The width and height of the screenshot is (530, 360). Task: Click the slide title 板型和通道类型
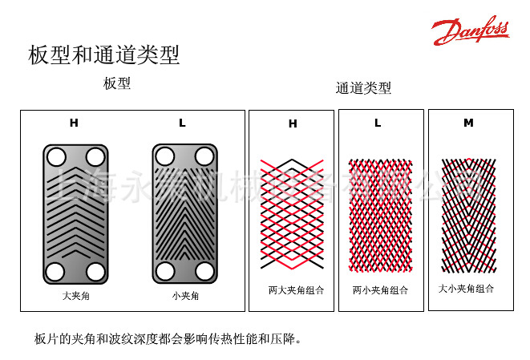(x=103, y=55)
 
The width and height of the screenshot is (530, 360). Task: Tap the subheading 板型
(x=117, y=83)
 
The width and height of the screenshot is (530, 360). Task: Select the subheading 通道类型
(x=363, y=88)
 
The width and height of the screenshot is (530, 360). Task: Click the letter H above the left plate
(x=74, y=123)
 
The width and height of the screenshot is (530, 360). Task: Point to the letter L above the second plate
(x=182, y=123)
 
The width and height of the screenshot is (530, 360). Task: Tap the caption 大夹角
(x=75, y=296)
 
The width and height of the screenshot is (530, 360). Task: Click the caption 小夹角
(x=184, y=296)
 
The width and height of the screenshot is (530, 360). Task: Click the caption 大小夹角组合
(x=466, y=288)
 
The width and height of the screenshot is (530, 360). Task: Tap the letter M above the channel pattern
(x=468, y=123)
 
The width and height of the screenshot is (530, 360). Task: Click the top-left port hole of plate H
(x=55, y=156)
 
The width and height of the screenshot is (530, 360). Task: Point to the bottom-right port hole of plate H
(x=95, y=272)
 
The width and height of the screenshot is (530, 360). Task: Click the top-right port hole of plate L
(x=204, y=156)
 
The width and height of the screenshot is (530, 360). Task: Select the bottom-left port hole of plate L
(x=165, y=272)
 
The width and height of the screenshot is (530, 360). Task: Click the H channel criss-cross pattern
(x=292, y=212)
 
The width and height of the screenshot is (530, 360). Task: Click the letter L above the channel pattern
(x=378, y=123)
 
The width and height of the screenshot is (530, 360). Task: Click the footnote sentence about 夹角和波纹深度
(x=168, y=339)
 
